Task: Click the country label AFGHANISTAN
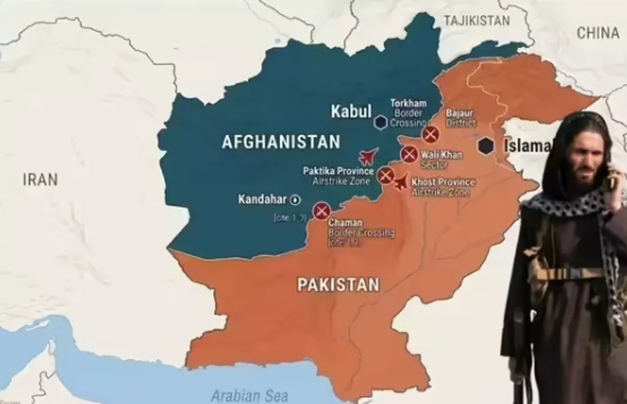281,142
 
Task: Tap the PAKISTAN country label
338,285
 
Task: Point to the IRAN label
40,180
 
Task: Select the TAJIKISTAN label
477,21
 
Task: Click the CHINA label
598,33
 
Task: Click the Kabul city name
351,111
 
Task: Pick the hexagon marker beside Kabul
381,122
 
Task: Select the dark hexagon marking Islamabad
486,146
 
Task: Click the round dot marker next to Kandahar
295,200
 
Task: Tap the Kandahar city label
263,199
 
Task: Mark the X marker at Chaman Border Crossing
321,211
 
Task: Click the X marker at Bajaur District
431,134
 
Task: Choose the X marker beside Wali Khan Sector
409,154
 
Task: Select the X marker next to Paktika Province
385,176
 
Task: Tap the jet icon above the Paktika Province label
368,156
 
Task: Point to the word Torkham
408,103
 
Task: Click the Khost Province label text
443,182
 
